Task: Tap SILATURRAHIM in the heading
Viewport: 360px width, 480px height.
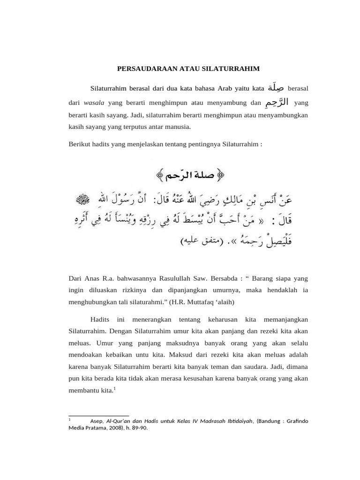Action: [x=231, y=68]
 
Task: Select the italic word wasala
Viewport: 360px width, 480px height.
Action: [x=94, y=102]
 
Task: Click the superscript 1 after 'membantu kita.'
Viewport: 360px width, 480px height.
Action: [x=115, y=387]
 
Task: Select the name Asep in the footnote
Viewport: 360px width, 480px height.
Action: [x=97, y=421]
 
